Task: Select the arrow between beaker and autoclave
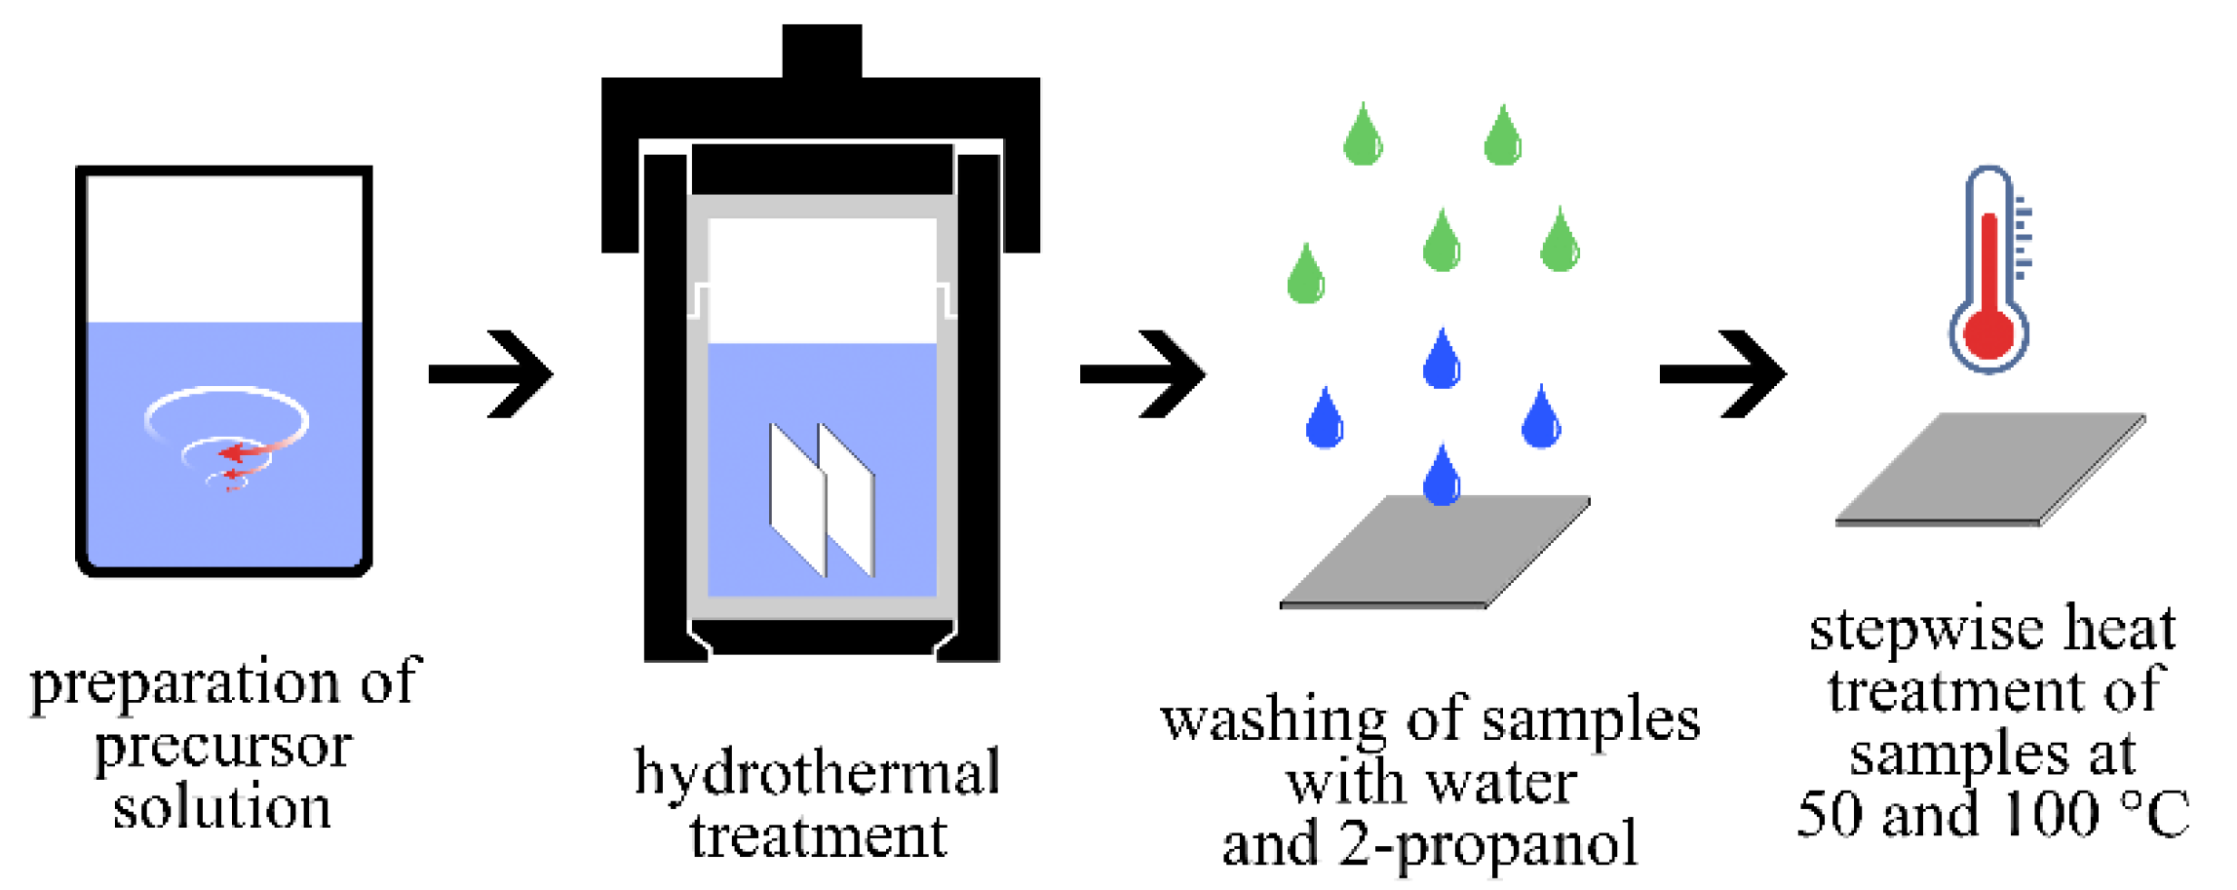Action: point(492,374)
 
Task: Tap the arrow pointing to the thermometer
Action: point(1723,374)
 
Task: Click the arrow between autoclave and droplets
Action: point(1143,374)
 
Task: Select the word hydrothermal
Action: point(817,773)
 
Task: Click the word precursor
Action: point(223,749)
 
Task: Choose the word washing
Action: point(1272,721)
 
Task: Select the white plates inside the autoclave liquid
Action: point(822,497)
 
